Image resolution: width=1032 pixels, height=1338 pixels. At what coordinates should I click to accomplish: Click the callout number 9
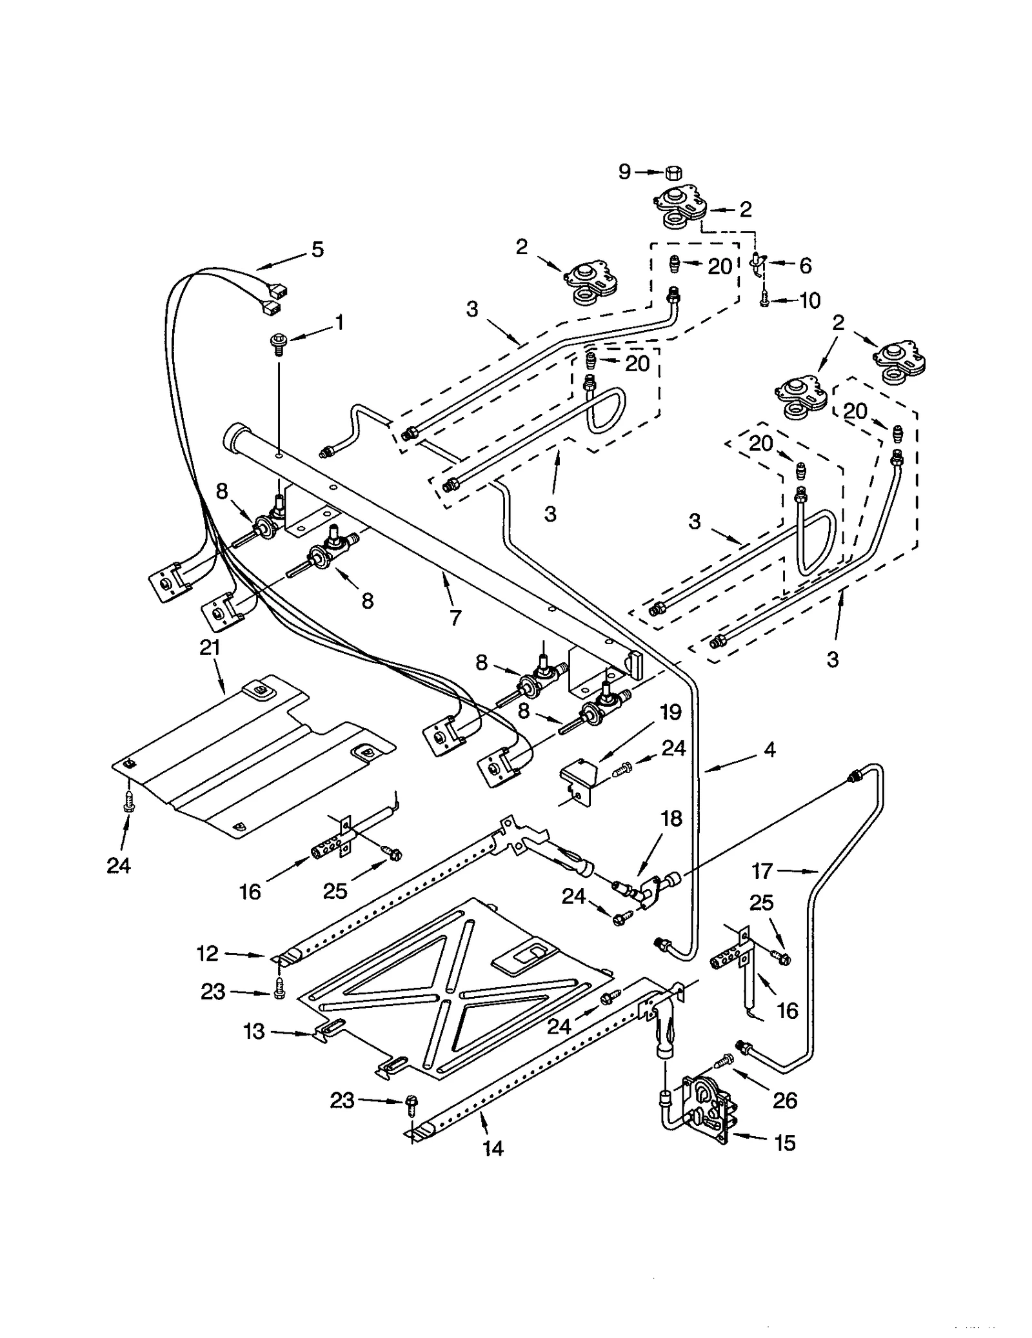click(x=624, y=172)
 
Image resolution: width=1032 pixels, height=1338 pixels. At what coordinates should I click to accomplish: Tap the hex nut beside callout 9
click(x=673, y=172)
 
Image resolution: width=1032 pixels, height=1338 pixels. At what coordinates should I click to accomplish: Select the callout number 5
click(x=317, y=250)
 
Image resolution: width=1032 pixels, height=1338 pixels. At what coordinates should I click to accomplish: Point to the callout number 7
click(x=455, y=617)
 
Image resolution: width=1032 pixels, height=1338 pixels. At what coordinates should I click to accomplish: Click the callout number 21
click(x=210, y=647)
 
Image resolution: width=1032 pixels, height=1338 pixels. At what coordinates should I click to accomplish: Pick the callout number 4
click(x=769, y=749)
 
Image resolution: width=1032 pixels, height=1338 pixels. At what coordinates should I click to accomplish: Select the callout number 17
click(x=762, y=871)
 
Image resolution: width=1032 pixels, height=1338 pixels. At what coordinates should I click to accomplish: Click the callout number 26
click(x=784, y=1100)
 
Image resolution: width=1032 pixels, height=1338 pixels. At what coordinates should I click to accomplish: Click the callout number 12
click(x=208, y=953)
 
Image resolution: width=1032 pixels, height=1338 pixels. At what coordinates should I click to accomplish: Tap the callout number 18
click(x=671, y=818)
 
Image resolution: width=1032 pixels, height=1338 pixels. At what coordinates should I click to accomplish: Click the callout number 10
click(x=809, y=300)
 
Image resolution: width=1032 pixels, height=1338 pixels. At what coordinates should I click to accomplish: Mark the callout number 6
click(x=804, y=265)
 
